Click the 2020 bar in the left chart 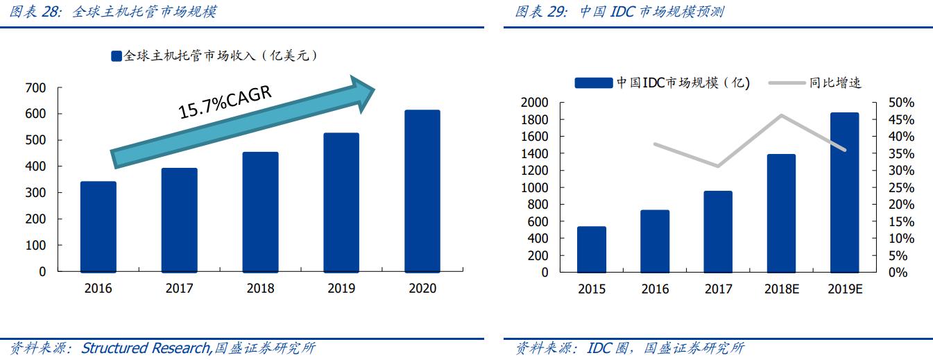point(422,191)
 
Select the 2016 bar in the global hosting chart point(99,227)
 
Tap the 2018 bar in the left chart point(260,212)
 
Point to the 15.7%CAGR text point(225,101)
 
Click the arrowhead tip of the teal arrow point(375,88)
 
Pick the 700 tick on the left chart point(36,88)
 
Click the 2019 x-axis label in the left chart point(341,288)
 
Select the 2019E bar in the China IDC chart point(844,192)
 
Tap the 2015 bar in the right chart point(591,249)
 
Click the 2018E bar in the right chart point(781,213)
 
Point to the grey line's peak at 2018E point(781,115)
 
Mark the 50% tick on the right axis point(902,103)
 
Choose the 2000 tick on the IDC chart point(534,103)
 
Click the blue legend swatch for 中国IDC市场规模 point(594,83)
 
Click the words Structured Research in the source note point(145,348)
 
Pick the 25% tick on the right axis point(902,187)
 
